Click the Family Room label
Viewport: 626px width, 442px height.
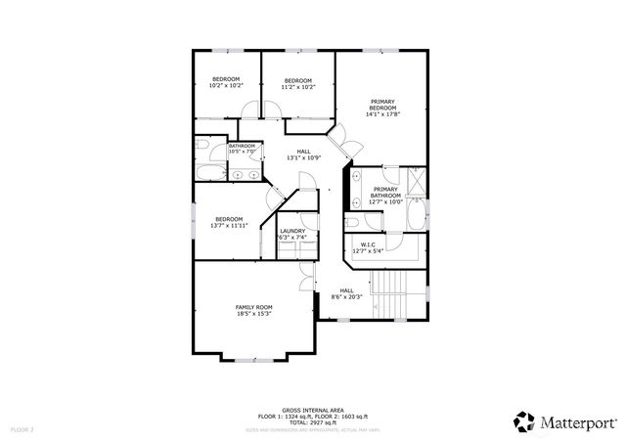[252, 307]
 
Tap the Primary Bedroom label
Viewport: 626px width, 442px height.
[383, 101]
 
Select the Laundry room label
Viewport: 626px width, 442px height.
[292, 232]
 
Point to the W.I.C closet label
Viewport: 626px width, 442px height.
[368, 244]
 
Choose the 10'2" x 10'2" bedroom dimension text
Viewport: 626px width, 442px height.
[226, 86]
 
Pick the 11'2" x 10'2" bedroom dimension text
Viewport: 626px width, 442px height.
[298, 86]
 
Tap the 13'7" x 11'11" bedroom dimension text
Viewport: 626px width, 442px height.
[229, 225]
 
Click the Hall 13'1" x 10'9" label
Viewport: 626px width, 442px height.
[304, 154]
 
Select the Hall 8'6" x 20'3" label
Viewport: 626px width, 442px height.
[346, 293]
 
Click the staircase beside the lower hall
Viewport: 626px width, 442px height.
[388, 290]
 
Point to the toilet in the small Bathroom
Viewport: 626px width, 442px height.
[201, 145]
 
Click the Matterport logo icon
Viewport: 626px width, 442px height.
[524, 421]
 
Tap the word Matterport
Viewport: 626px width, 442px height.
[579, 422]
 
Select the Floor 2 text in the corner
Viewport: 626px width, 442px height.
[22, 429]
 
